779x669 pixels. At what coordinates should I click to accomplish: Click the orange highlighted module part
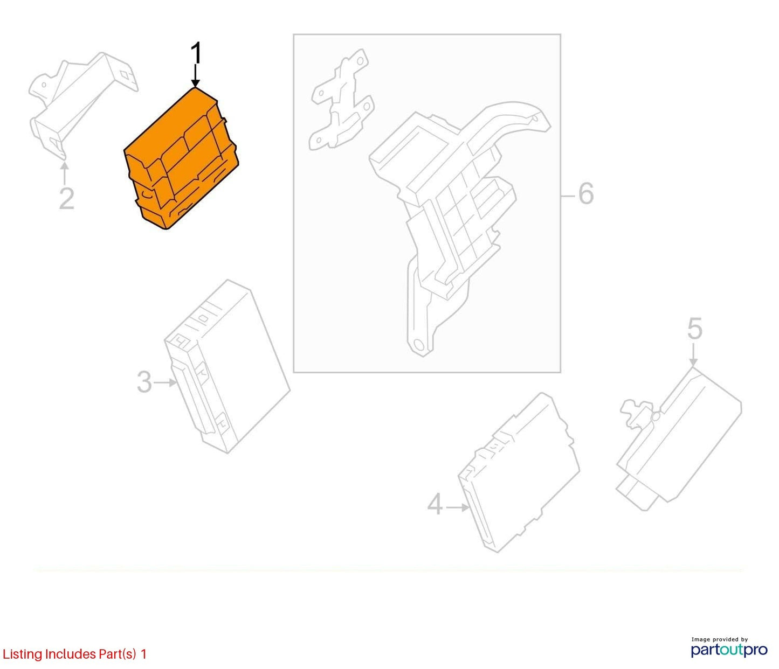(181, 158)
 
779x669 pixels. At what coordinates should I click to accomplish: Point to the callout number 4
(435, 504)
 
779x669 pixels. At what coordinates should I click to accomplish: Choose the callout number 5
(694, 328)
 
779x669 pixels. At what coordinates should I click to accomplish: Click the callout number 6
(585, 194)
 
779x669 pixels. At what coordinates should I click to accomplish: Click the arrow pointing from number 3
(166, 382)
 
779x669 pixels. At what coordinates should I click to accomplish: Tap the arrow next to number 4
(458, 507)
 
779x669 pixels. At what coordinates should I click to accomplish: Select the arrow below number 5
(693, 354)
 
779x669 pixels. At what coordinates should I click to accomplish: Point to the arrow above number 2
(65, 173)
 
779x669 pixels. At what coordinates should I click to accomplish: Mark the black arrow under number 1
(195, 75)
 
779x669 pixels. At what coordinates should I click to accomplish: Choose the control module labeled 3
(228, 367)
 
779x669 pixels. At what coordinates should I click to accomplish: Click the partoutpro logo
(729, 650)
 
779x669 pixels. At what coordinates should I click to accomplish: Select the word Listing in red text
(23, 654)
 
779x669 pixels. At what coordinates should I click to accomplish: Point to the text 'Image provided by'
(720, 639)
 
